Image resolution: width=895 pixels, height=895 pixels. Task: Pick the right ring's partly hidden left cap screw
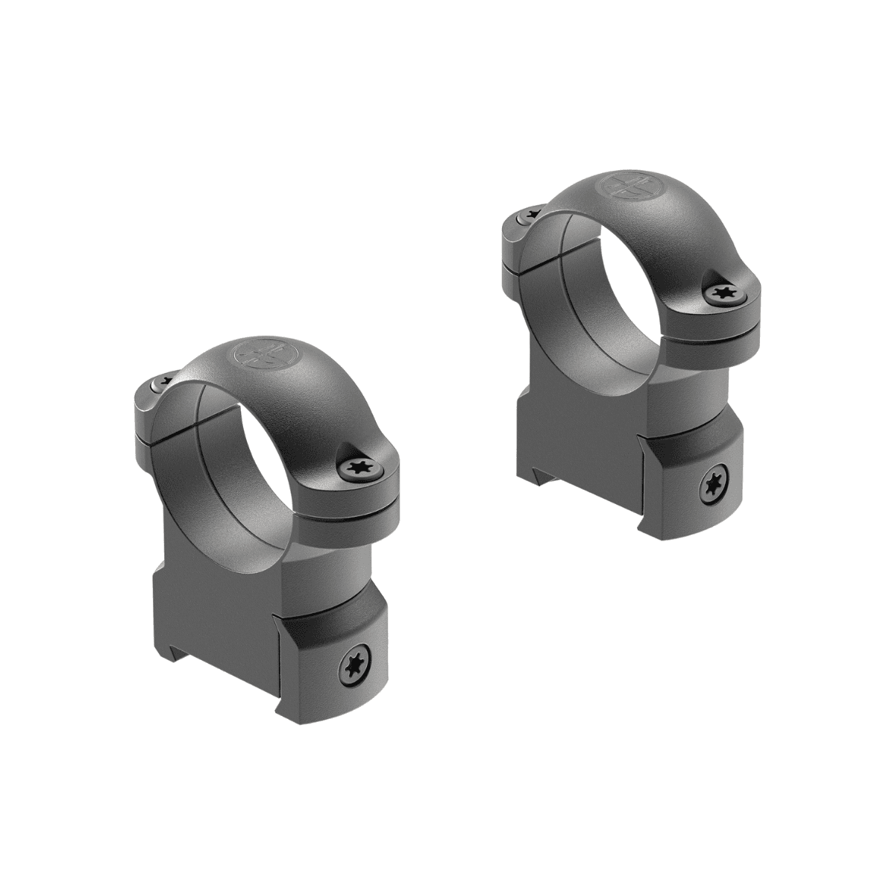[528, 214]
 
